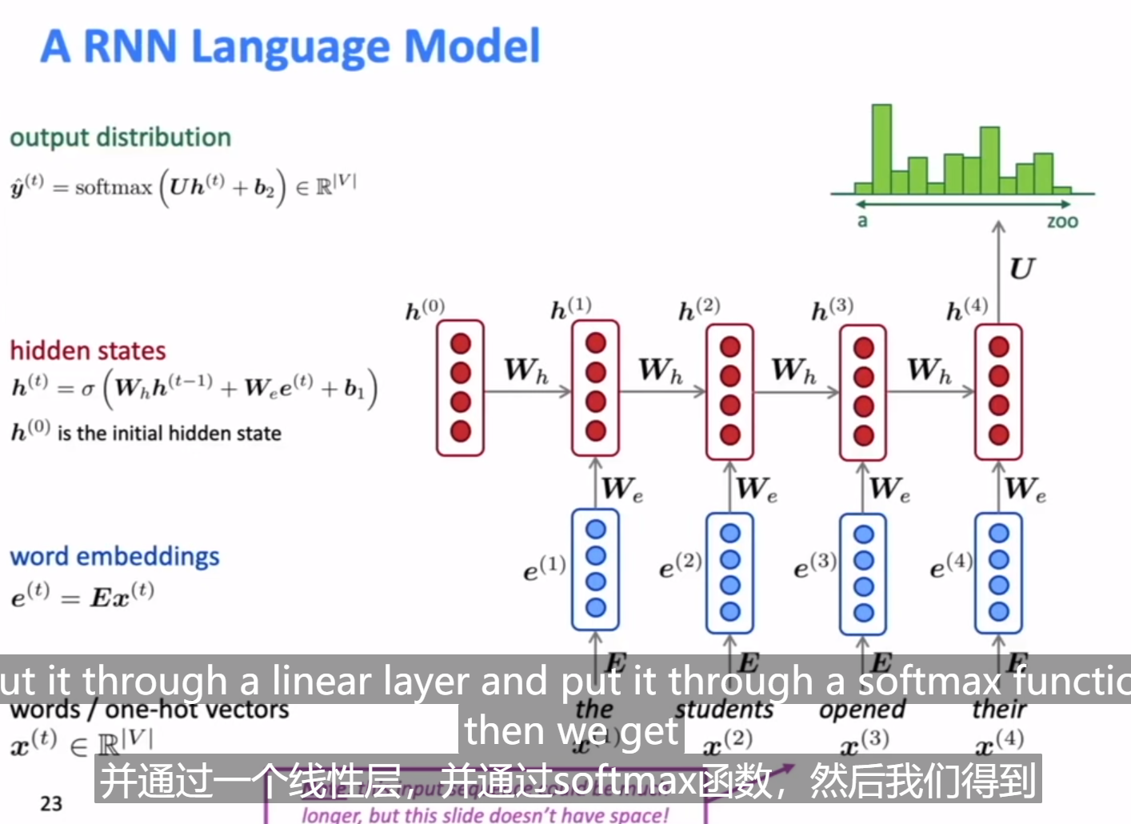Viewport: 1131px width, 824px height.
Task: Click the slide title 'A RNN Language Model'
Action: click(x=290, y=46)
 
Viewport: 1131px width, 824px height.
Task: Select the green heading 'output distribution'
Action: click(x=120, y=138)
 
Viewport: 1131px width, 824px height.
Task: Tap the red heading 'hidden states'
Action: click(x=88, y=350)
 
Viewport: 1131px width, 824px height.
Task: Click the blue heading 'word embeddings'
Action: click(x=114, y=556)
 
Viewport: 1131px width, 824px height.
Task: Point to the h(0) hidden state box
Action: click(x=460, y=388)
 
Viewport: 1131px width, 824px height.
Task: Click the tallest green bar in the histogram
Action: click(x=881, y=150)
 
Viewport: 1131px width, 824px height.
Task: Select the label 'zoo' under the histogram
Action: click(x=1062, y=222)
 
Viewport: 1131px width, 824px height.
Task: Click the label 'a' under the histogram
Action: click(x=862, y=221)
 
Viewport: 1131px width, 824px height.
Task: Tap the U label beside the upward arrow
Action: click(x=1021, y=269)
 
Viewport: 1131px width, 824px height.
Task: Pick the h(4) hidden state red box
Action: click(x=998, y=391)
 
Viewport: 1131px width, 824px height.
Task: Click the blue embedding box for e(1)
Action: click(x=595, y=570)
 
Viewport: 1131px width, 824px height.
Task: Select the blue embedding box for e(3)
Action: click(x=863, y=574)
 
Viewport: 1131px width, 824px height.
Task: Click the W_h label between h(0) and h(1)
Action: click(x=526, y=370)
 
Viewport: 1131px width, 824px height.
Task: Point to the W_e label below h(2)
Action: click(x=756, y=488)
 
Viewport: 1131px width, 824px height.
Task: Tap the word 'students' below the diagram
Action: click(x=725, y=710)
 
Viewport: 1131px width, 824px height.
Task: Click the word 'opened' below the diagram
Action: click(x=862, y=710)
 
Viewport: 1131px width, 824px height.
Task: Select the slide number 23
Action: click(x=51, y=803)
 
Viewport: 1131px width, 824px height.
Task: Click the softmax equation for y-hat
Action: click(x=182, y=188)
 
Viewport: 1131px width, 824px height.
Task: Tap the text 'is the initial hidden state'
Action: click(x=169, y=434)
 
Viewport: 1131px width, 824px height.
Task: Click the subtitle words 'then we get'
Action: click(x=571, y=730)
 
